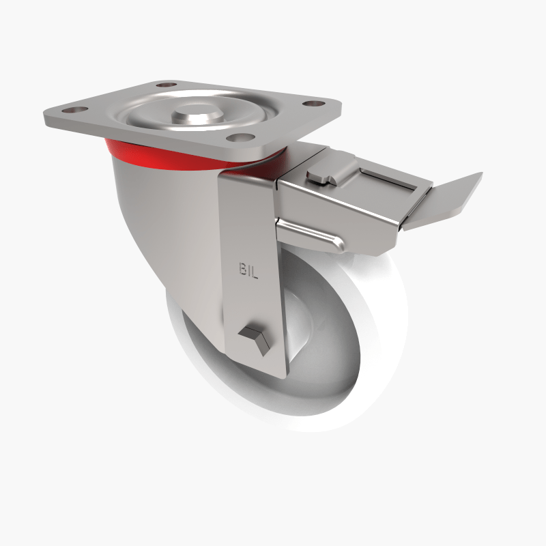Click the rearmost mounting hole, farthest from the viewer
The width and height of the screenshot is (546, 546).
tap(162, 85)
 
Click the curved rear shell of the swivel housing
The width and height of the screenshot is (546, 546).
tap(157, 225)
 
